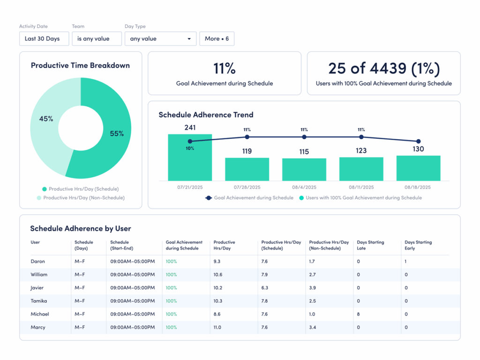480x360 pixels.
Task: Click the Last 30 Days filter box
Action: [x=44, y=39]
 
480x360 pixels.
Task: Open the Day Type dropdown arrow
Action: [x=189, y=39]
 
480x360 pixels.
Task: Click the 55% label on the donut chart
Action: [x=117, y=134]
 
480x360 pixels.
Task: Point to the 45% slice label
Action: [x=46, y=119]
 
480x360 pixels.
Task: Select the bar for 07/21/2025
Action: [x=190, y=157]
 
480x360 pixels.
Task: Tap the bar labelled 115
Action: [x=304, y=169]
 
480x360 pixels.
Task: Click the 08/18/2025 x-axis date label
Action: [x=418, y=187]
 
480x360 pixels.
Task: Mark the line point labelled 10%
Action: [x=190, y=141]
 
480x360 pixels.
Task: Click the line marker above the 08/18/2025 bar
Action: [x=419, y=141]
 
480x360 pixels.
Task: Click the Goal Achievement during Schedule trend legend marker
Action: [x=209, y=198]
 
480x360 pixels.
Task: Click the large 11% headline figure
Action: [x=225, y=68]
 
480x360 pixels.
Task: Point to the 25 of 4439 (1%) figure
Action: [x=383, y=68]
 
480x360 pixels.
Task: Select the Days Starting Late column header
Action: [x=370, y=245]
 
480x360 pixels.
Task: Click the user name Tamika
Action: [x=39, y=301]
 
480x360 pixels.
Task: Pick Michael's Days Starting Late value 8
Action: [x=359, y=314]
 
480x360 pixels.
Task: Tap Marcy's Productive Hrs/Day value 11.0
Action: [x=217, y=327]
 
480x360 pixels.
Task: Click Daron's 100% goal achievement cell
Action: [x=171, y=262]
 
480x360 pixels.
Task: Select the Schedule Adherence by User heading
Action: [x=81, y=229]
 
